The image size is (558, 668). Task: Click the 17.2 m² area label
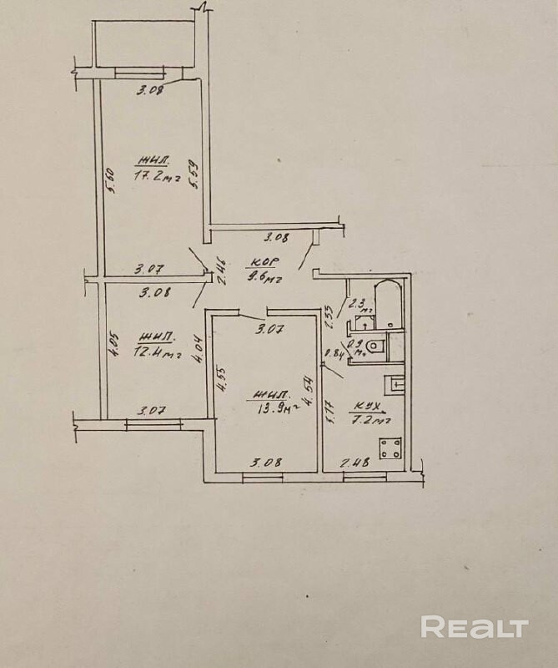coord(158,176)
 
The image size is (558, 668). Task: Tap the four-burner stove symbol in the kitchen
coord(390,448)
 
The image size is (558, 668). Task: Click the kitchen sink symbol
coord(394,386)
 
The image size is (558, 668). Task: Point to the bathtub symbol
coord(388,306)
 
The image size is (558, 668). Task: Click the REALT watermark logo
coord(475,627)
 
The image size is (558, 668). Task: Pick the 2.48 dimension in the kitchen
coord(354,462)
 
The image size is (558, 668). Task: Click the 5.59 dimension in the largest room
coord(194,175)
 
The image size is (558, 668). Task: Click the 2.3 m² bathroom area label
coord(356,305)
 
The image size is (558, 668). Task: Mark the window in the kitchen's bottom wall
coord(364,476)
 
